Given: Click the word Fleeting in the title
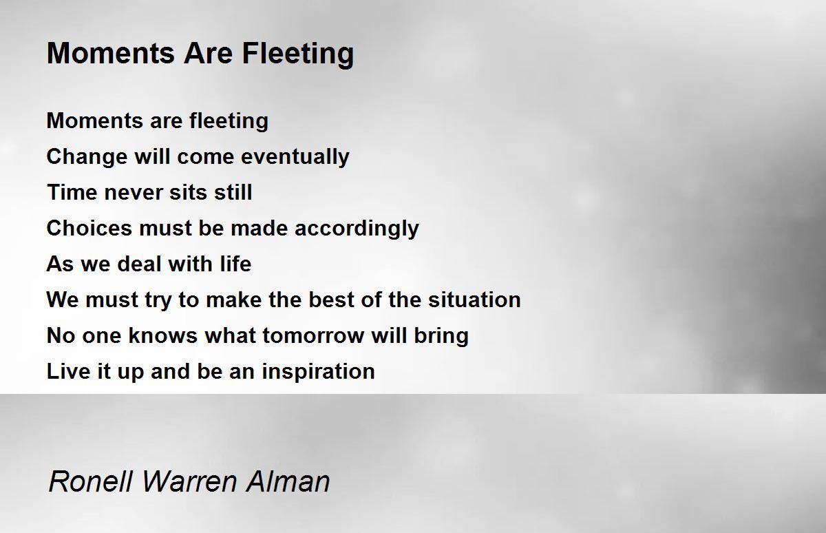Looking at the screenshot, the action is coord(298,54).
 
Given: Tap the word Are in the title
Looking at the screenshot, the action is coord(208,53).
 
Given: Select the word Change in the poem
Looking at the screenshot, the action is coord(86,157).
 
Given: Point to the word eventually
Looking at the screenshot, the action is coord(295,157).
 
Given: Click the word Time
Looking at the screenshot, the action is coord(72,192).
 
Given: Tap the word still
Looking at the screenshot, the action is coord(233,192).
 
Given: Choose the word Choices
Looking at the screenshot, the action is coord(89,228).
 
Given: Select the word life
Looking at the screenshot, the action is coord(235,264).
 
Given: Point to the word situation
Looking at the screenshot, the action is coord(474,300).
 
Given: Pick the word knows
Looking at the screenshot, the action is coord(162,335).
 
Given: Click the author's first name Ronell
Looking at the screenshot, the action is coord(91,481).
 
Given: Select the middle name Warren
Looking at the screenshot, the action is coord(189,481).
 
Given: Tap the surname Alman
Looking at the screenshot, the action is coord(288,481).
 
